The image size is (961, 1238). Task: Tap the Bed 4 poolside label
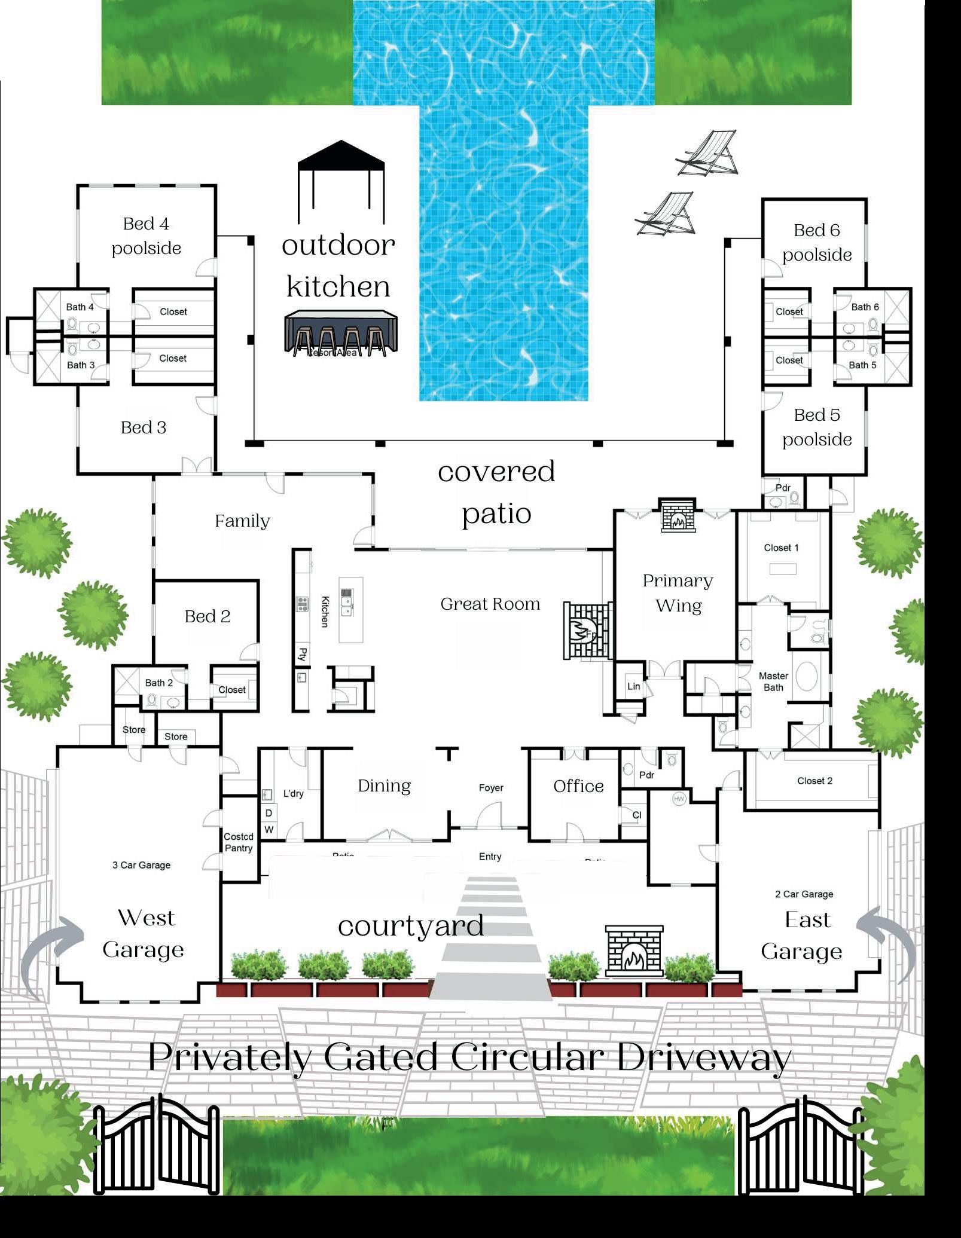pyautogui.click(x=146, y=236)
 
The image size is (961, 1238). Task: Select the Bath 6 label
pyautogui.click(x=865, y=307)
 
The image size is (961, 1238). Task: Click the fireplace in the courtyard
pyautogui.click(x=634, y=951)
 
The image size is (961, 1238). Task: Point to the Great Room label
pyautogui.click(x=490, y=604)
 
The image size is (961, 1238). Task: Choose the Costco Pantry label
pyautogui.click(x=239, y=842)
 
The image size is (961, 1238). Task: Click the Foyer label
pyautogui.click(x=491, y=788)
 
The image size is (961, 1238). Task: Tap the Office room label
pyautogui.click(x=578, y=786)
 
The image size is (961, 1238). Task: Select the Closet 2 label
pyautogui.click(x=814, y=781)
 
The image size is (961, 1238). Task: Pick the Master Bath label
pyautogui.click(x=773, y=681)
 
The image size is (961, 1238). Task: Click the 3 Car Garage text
pyautogui.click(x=141, y=865)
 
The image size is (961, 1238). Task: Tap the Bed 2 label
pyautogui.click(x=208, y=616)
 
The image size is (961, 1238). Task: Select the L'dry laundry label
pyautogui.click(x=293, y=794)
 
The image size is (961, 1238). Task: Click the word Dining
pyautogui.click(x=384, y=785)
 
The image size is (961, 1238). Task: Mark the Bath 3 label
pyautogui.click(x=80, y=365)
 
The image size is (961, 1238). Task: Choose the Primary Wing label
pyautogui.click(x=678, y=593)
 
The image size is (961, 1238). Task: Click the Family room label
pyautogui.click(x=242, y=521)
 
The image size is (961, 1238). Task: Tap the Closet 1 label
pyautogui.click(x=781, y=548)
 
